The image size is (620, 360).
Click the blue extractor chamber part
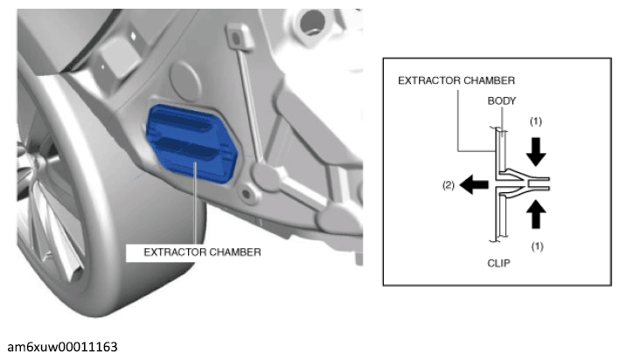tap(192, 144)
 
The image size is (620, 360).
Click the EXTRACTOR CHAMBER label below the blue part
tap(202, 253)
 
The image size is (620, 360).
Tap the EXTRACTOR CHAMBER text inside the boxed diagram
tap(456, 80)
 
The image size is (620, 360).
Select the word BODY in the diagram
tap(501, 101)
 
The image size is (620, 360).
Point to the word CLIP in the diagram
tap(498, 263)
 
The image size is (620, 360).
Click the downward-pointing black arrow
tap(536, 151)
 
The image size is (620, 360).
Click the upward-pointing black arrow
tap(536, 214)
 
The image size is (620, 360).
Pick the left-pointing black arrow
tap(474, 184)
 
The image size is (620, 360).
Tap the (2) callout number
tap(449, 185)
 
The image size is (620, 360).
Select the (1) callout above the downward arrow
tap(536, 121)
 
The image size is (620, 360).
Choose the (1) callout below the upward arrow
tap(537, 246)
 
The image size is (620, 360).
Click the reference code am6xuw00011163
tap(62, 347)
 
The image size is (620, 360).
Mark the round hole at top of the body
tap(312, 21)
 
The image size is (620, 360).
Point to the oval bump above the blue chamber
tap(185, 80)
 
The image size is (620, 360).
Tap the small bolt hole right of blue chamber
tap(246, 194)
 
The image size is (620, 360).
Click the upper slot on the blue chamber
tap(183, 121)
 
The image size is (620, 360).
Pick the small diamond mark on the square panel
tap(134, 37)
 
